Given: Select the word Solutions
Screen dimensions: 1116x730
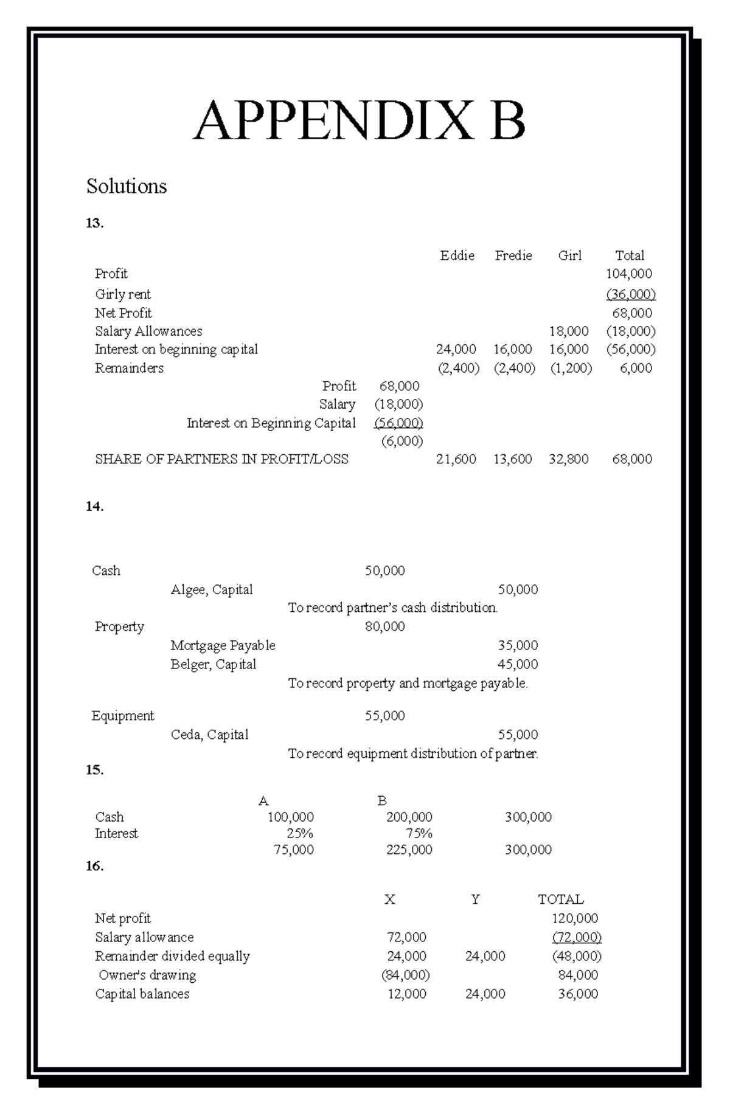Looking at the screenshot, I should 127,186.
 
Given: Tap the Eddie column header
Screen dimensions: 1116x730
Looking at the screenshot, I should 457,255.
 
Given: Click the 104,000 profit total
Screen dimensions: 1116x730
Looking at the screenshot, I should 629,274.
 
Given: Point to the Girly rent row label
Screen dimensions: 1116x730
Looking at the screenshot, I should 123,294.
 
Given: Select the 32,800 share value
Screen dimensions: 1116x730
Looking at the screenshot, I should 568,459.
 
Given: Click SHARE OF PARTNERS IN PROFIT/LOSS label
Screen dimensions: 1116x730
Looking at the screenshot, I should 221,459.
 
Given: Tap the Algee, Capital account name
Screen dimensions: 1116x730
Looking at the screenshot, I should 212,589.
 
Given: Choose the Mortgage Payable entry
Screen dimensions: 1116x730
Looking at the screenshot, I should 223,645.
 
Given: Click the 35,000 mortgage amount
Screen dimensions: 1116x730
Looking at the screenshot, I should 518,645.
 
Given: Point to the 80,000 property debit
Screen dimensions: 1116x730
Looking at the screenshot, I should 384,626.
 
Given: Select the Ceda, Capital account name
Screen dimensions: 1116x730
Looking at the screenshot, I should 209,735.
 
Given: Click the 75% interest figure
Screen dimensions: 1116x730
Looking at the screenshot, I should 419,833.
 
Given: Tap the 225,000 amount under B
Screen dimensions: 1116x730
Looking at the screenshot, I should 409,850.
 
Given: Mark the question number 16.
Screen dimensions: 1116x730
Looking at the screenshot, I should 95,866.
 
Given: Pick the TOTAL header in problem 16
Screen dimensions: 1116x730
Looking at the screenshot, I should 560,899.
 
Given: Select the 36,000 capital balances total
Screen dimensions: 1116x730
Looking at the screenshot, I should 578,994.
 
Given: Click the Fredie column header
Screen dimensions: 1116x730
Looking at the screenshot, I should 513,255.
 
